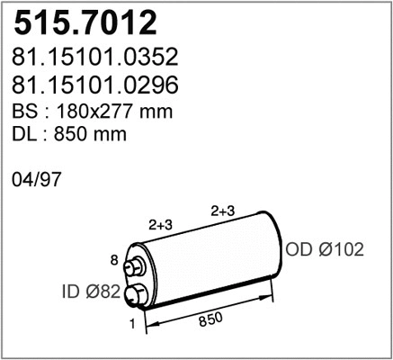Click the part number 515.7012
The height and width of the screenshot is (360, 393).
pos(85,22)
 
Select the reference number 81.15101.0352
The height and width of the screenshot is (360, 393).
pos(95,57)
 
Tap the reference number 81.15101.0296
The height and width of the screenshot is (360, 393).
pos(95,85)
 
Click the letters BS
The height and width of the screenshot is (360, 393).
pos(25,112)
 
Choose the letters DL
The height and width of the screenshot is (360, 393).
pos(24,134)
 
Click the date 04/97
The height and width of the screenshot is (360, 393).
pos(36,180)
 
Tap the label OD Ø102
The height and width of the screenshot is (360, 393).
pos(325,249)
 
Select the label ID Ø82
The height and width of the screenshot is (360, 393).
pos(91,292)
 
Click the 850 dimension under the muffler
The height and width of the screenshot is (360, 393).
pos(210,319)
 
